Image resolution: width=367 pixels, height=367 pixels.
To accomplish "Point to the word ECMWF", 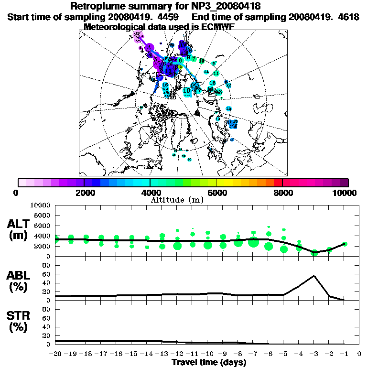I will tap(216, 27).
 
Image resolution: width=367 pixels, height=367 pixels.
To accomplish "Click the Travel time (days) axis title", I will tap(209, 363).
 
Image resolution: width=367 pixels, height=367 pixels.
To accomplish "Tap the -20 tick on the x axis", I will tap(55, 355).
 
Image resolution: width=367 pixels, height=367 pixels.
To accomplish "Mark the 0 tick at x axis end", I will tap(359, 355).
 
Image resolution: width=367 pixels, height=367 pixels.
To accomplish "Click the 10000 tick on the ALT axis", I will tap(41, 205).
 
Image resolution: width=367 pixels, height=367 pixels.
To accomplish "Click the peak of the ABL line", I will tap(314, 276).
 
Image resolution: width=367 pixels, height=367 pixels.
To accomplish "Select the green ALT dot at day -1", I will tap(345, 244).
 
